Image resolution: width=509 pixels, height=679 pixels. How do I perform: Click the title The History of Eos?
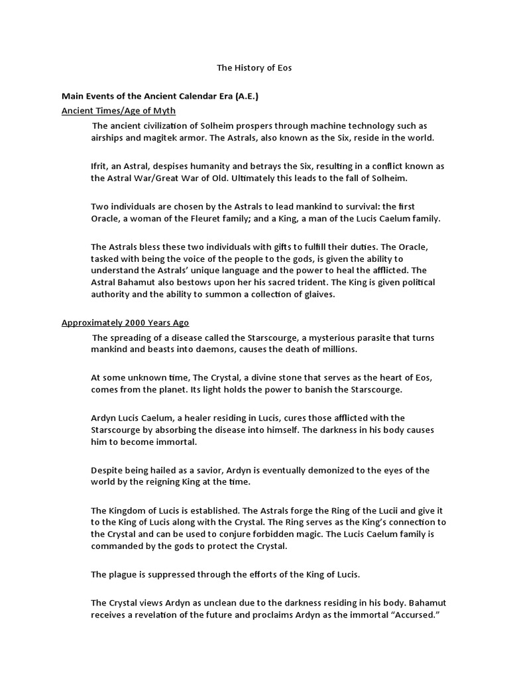(254, 68)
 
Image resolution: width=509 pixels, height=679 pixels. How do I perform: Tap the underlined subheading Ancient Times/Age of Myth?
(119, 110)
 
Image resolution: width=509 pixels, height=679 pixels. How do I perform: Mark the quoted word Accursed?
(411, 615)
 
